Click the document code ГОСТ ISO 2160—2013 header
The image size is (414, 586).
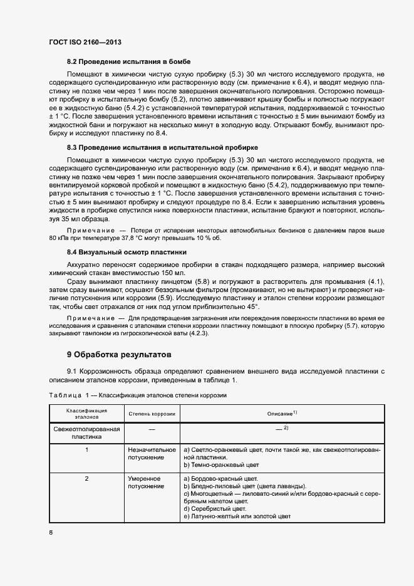point(85,42)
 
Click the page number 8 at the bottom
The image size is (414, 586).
point(51,532)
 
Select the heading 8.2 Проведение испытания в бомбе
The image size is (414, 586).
point(128,61)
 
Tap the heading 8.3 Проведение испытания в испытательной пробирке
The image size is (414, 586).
point(162,147)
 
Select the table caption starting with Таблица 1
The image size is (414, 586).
point(137,395)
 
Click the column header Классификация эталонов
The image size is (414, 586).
point(87,414)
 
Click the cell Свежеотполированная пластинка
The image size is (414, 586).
point(87,433)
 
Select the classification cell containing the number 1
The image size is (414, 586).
point(87,450)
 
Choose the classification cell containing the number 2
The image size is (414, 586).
point(87,478)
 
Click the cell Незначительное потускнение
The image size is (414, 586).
point(152,454)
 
